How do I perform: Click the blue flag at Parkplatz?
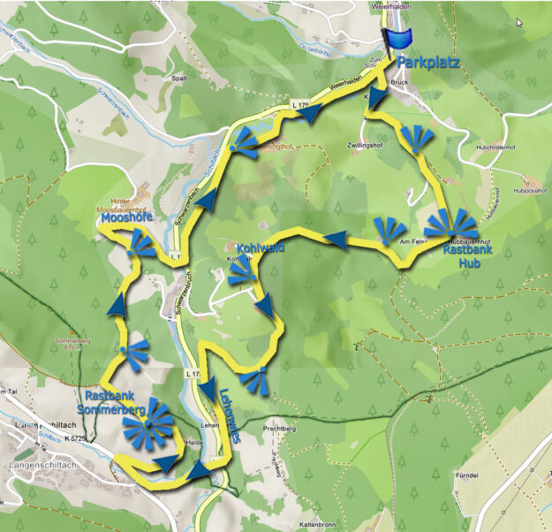pos(399,39)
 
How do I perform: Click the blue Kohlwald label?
pos(260,249)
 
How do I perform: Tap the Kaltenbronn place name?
pos(320,523)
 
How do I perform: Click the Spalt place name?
pos(180,77)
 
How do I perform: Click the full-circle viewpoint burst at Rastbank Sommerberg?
pos(148,423)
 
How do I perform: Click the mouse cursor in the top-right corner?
pos(519,22)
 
